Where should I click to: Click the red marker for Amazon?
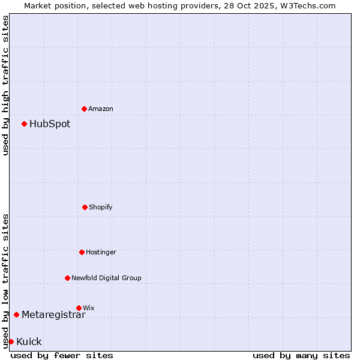[x=84, y=109]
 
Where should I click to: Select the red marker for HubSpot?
[x=24, y=124]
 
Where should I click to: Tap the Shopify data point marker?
[x=85, y=207]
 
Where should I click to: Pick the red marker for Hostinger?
[x=82, y=252]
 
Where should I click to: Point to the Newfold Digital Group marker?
[x=67, y=278]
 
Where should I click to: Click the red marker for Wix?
[x=79, y=308]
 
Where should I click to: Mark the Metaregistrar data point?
[x=16, y=314]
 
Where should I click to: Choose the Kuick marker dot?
[x=11, y=341]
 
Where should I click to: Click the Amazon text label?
[x=101, y=109]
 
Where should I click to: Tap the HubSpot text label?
[x=50, y=124]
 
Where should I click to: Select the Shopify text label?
[x=101, y=207]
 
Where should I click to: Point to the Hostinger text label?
[x=101, y=252]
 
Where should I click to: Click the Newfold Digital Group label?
[x=106, y=278]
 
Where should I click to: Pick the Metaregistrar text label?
[x=53, y=315]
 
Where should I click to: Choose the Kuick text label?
[x=29, y=342]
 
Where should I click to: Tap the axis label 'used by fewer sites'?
[x=62, y=355]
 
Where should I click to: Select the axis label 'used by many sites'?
[x=301, y=355]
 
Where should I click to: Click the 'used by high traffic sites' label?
[x=5, y=85]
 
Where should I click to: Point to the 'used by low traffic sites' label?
[x=5, y=281]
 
